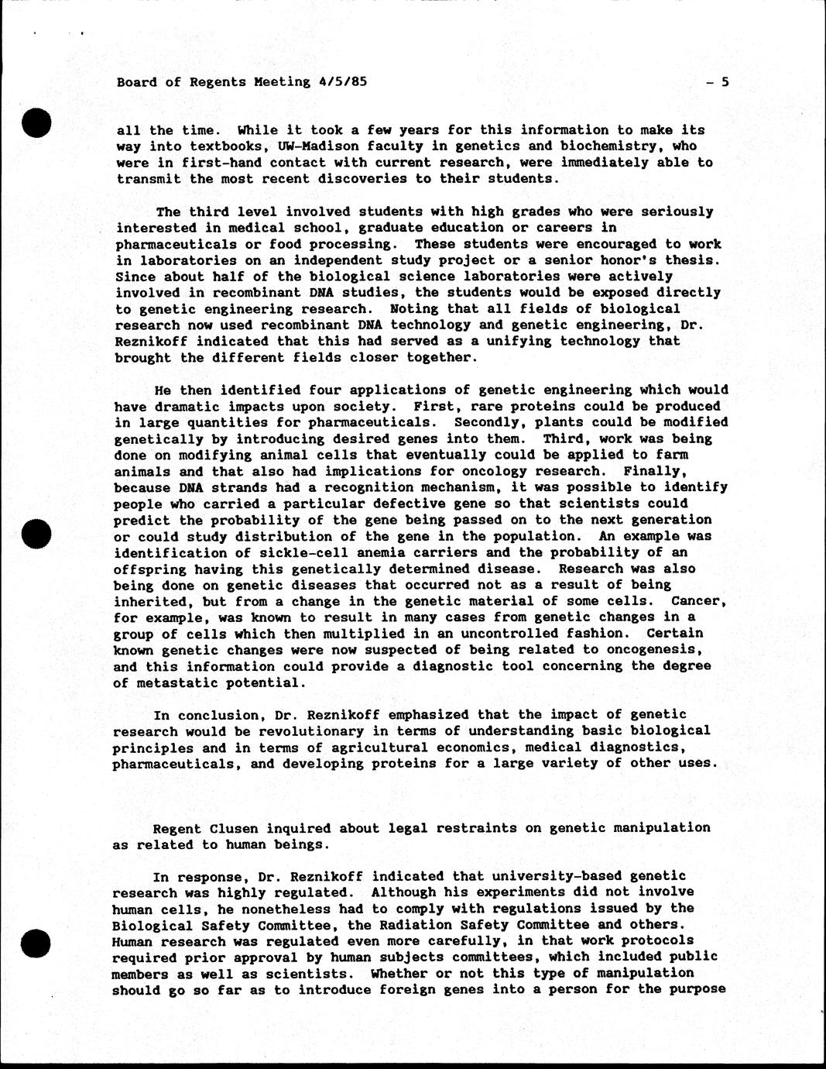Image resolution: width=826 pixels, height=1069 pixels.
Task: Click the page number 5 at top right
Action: tap(725, 81)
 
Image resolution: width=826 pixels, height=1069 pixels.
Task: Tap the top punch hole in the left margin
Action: tap(36, 124)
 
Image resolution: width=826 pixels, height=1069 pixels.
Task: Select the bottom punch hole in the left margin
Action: tap(36, 942)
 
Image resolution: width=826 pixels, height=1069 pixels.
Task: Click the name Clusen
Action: tap(234, 827)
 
